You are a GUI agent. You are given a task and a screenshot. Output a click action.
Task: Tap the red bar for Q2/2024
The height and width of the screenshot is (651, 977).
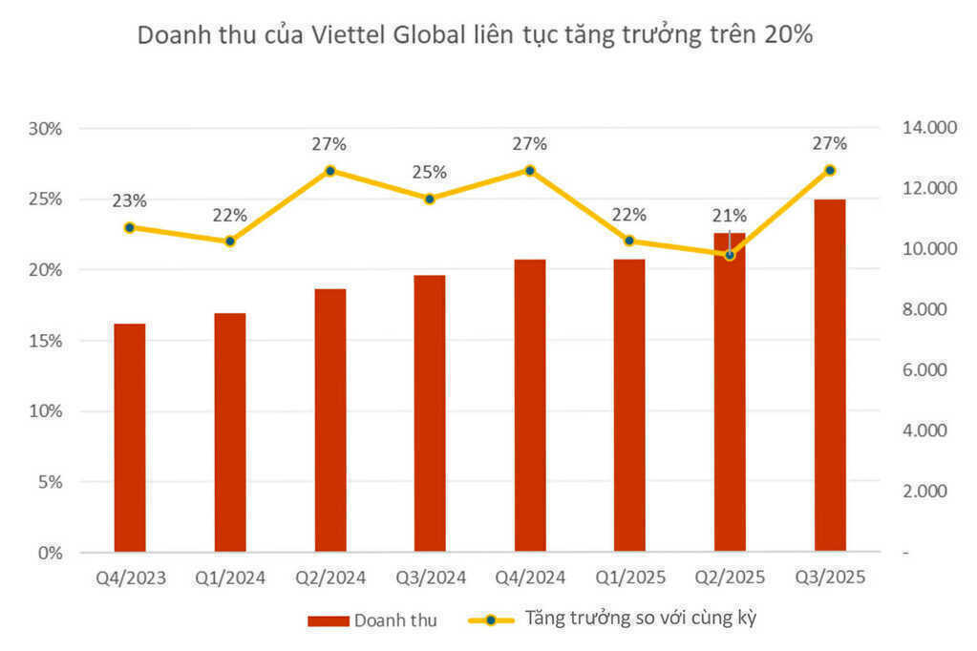(330, 420)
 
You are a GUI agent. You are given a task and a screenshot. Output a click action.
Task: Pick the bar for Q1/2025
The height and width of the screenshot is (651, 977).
(629, 405)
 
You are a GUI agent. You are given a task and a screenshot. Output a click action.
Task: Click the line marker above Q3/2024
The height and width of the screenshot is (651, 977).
(430, 199)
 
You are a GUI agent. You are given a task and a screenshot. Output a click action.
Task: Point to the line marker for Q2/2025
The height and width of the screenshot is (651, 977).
(730, 255)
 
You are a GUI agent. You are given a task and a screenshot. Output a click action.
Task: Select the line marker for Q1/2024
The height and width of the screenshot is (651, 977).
(230, 241)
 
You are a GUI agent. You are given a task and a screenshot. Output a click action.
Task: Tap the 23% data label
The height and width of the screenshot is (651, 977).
(129, 201)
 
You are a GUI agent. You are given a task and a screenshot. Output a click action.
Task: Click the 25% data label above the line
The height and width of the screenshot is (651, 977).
(430, 173)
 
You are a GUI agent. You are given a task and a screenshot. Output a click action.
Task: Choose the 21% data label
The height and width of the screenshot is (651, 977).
(730, 216)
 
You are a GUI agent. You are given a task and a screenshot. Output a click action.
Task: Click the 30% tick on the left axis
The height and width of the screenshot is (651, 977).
(45, 129)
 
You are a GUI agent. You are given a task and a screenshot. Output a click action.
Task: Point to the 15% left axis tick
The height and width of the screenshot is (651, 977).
(45, 341)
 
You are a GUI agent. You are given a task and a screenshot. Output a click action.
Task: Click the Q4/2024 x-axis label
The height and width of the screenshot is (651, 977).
(530, 577)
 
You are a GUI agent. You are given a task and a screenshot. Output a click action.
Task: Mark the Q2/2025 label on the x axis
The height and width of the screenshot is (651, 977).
(730, 577)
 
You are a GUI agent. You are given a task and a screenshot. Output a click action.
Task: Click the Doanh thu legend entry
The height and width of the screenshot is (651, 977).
(372, 620)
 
